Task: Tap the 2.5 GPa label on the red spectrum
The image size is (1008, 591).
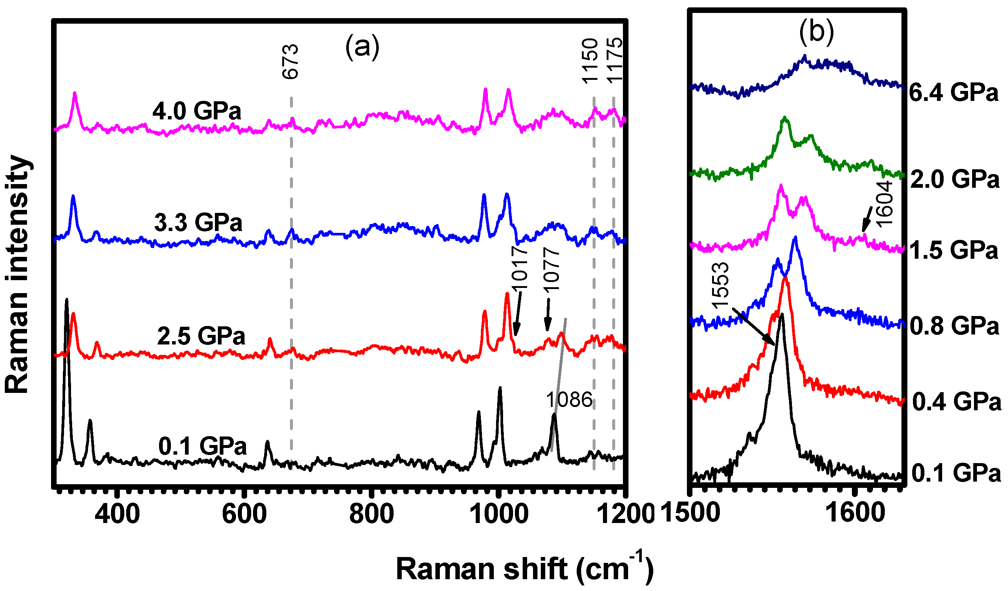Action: click(x=201, y=336)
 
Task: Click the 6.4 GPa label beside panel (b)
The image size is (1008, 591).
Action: click(x=953, y=92)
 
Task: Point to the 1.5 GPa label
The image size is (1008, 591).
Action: click(x=953, y=251)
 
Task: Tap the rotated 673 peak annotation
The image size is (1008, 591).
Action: click(x=290, y=61)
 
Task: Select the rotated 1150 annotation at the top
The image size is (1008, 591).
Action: click(x=590, y=61)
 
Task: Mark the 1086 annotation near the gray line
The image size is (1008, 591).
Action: click(x=569, y=399)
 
